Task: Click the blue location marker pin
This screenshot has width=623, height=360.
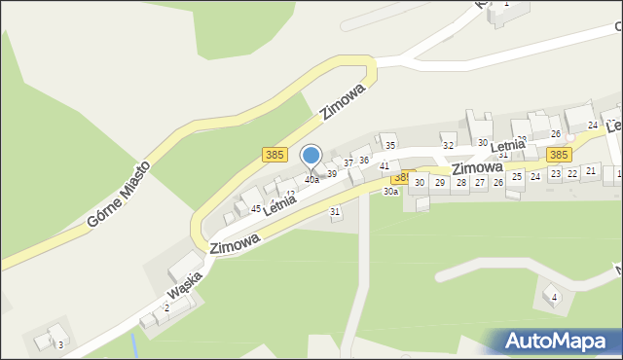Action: click(311, 156)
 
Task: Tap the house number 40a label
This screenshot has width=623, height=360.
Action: click(311, 180)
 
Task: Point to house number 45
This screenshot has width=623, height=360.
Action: click(256, 209)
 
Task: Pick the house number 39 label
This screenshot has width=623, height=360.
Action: click(331, 174)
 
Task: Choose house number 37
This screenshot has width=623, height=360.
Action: click(348, 163)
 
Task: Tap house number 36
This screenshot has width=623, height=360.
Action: click(363, 160)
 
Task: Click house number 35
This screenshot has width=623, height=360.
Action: click(389, 146)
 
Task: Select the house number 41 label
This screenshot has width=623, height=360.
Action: click(385, 167)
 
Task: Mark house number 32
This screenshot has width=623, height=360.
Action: click(448, 145)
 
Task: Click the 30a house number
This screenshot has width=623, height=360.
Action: click(390, 192)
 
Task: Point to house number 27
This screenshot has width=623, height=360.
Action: click(479, 182)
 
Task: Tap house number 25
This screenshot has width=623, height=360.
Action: click(516, 177)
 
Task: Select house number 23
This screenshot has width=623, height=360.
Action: click(554, 173)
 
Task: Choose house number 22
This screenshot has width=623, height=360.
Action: click(572, 172)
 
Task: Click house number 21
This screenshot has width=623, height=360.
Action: click(590, 170)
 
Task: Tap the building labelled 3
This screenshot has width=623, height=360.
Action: click(60, 344)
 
